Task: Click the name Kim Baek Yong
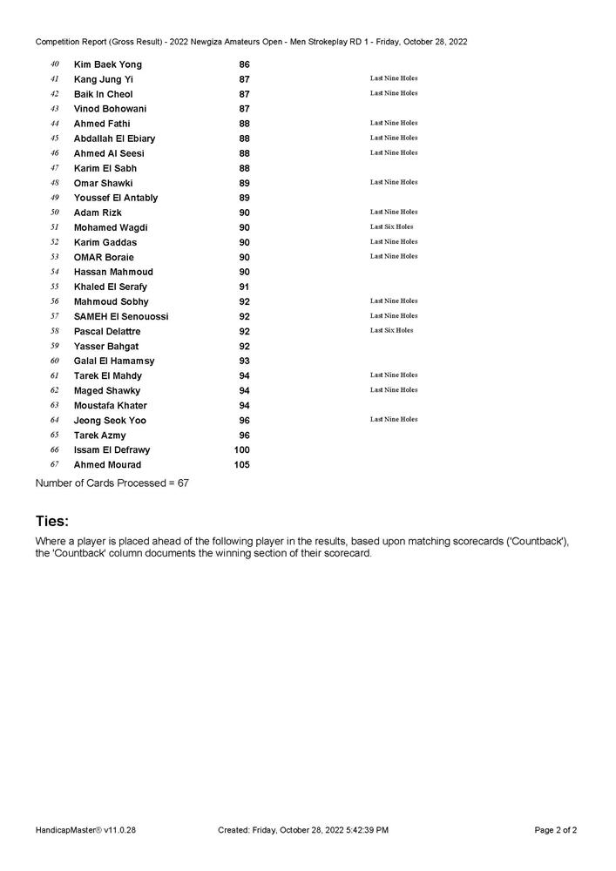107,64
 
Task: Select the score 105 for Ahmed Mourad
241,465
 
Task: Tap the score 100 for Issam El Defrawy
241,450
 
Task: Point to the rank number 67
54,465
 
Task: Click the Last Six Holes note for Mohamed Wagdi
391,227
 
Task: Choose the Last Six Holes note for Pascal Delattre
391,331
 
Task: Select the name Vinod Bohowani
110,109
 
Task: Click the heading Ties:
51,521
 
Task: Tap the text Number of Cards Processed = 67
112,483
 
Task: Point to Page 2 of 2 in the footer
555,830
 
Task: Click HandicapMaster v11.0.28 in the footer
85,830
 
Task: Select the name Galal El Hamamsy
114,361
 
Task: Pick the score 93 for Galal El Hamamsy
244,361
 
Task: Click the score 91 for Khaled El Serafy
244,287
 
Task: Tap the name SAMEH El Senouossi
121,316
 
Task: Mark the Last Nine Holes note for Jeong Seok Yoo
393,420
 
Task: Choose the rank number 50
54,213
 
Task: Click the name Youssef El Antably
116,198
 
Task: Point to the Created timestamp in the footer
303,830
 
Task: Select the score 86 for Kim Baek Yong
244,64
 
